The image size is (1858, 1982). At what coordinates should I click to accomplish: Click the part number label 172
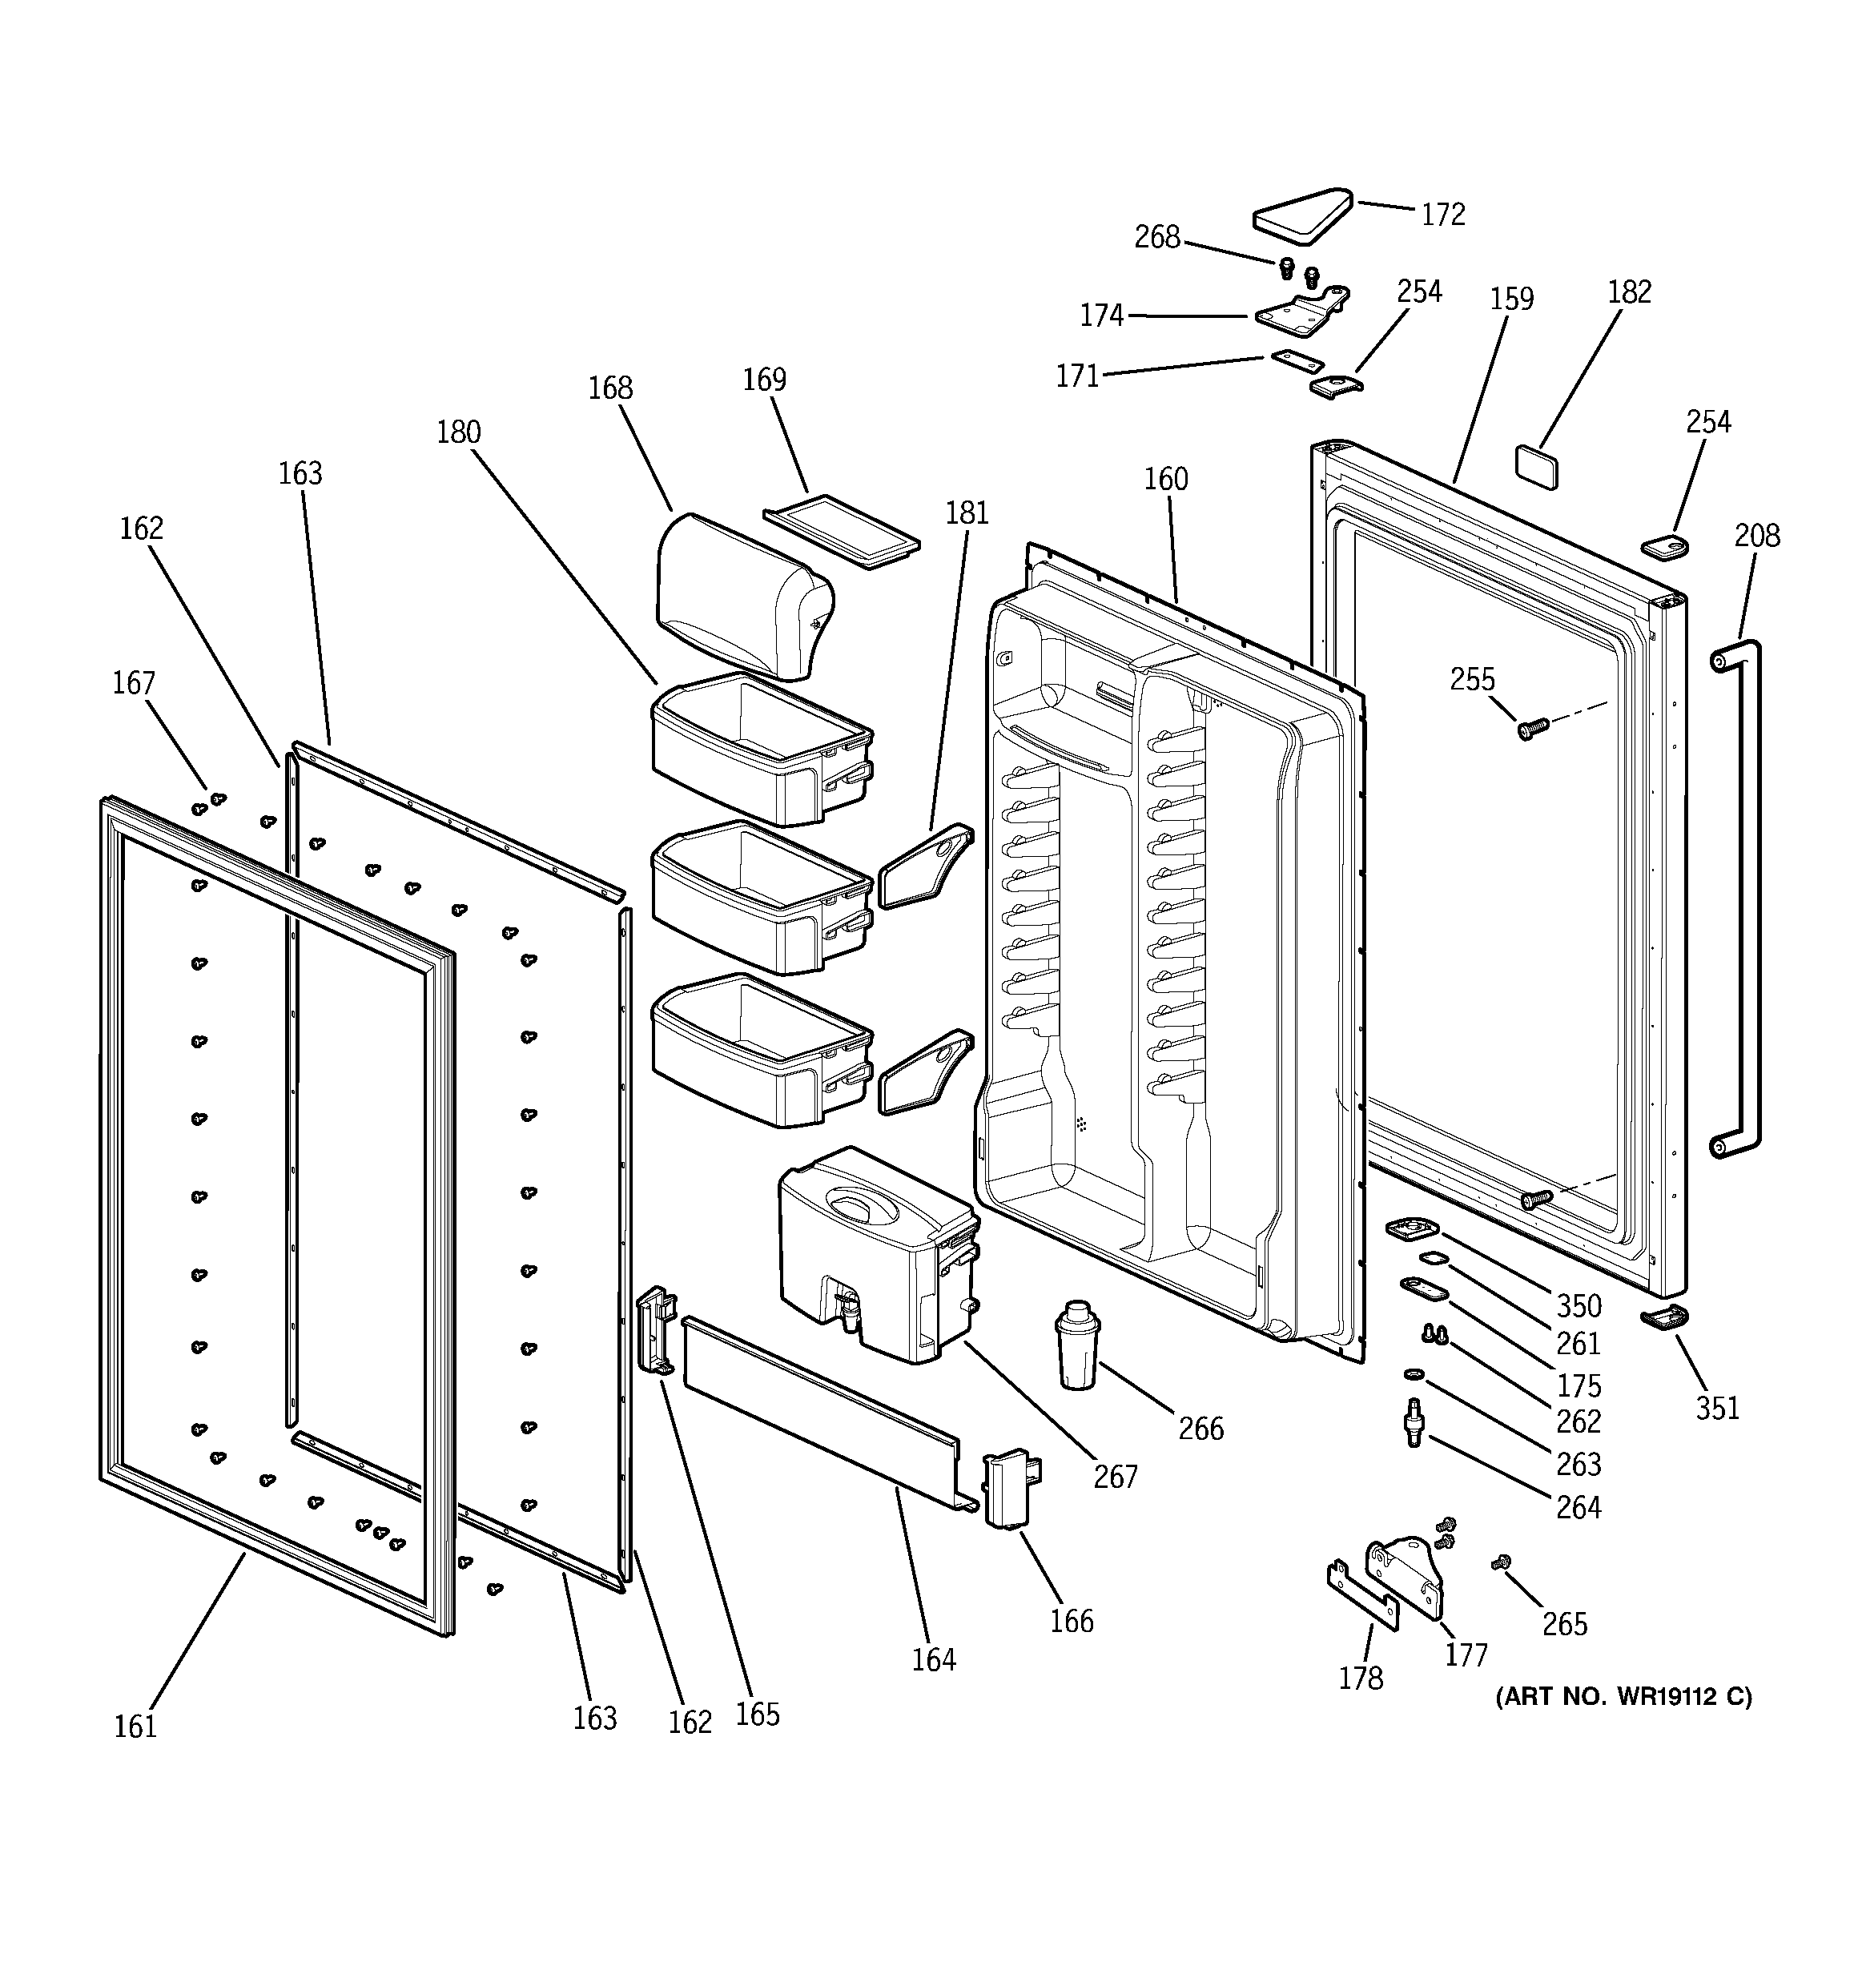pos(1443,215)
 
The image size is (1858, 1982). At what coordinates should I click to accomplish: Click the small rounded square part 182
pos(1536,465)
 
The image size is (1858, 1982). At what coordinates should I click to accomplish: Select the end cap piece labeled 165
pos(656,1330)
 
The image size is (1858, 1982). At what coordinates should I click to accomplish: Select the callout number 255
pos(1472,679)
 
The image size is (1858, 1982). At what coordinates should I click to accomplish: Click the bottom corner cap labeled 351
pos(1664,1318)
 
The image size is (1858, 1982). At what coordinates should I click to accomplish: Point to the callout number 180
pos(459,432)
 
